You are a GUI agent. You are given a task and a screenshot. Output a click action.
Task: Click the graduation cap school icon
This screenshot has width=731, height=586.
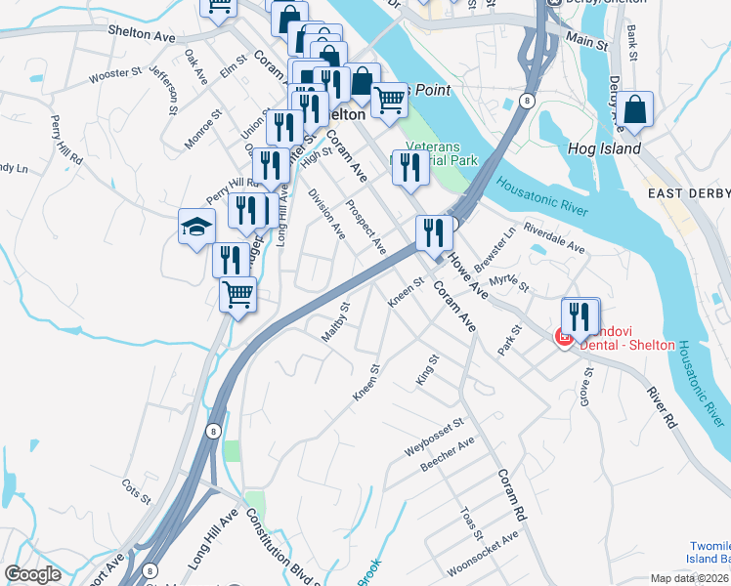(x=196, y=227)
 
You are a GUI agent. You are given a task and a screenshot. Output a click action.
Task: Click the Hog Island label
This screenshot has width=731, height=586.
(x=604, y=149)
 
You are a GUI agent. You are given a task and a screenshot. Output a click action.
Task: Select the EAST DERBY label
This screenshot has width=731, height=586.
(x=688, y=194)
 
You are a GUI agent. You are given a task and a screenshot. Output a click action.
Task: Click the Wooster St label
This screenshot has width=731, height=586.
(x=115, y=74)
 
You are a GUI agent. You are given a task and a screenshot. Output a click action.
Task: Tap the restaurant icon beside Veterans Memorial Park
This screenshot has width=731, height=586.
(x=408, y=167)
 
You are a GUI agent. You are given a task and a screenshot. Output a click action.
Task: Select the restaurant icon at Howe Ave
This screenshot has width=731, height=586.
(x=432, y=232)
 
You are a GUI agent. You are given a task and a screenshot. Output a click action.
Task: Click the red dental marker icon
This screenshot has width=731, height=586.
(x=563, y=338)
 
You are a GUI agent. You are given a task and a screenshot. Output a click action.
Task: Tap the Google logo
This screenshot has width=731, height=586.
(x=32, y=574)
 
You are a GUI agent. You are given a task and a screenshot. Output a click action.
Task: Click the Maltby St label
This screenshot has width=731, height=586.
(x=335, y=323)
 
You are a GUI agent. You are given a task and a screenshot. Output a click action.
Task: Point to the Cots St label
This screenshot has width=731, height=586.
(x=136, y=490)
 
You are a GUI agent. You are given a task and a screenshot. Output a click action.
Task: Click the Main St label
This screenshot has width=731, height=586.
(x=585, y=41)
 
